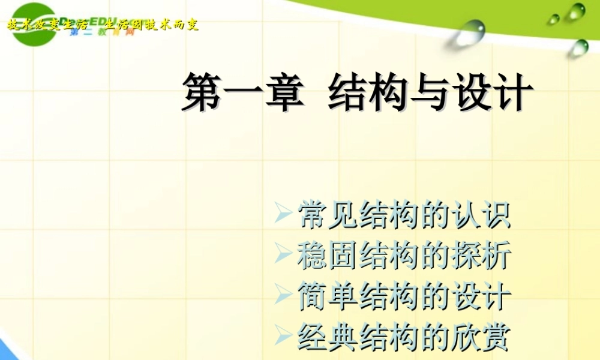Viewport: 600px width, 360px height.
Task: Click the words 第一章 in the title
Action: point(241,94)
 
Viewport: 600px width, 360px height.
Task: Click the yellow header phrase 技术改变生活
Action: point(47,25)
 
